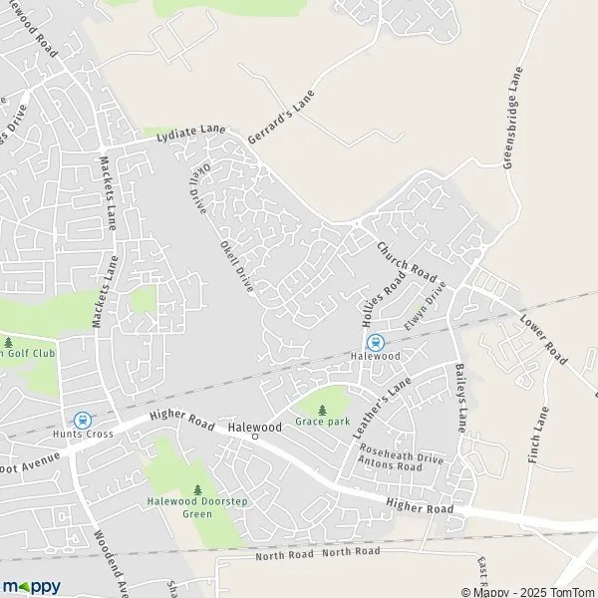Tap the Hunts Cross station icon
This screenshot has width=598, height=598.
82,420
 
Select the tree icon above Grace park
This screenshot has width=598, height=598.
322,409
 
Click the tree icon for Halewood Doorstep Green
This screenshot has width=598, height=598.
197,489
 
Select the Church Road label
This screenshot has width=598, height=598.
407,261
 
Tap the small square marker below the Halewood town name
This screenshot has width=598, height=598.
254,437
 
